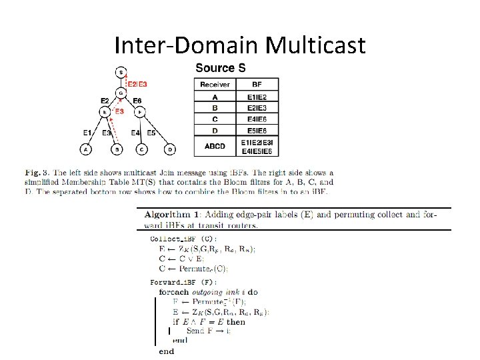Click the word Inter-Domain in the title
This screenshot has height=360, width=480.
pos(187,45)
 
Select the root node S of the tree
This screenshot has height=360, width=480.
pos(120,72)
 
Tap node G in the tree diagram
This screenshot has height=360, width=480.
pos(120,93)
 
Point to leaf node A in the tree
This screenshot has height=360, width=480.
pos(85,149)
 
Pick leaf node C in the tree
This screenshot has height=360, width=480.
pos(141,149)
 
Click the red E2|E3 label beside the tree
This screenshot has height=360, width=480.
pos(137,84)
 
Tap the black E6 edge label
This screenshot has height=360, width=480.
pos(137,101)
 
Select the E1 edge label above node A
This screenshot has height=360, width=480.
pos(87,133)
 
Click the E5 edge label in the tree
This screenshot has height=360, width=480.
pos(152,133)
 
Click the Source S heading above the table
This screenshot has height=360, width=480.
pos(220,67)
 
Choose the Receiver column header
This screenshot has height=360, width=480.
pos(215,85)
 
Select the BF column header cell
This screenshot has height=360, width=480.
pos(257,85)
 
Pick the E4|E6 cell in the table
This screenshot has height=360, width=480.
pos(257,119)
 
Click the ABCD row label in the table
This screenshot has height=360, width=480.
pos(215,146)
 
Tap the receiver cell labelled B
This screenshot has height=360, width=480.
pos(215,107)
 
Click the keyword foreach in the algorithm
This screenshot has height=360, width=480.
pos(173,292)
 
